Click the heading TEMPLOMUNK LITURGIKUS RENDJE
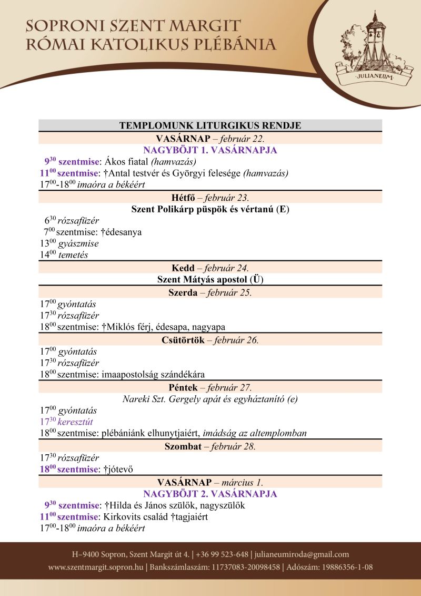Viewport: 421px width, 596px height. (210, 125)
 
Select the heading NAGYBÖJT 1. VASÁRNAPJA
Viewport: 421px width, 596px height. (210, 150)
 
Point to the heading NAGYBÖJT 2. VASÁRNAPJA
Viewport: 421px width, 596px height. (210, 494)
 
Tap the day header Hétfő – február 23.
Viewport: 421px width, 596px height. (210, 198)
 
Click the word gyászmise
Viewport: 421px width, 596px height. (78, 243)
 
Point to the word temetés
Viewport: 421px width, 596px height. (73, 255)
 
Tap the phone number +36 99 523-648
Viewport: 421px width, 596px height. (223, 554)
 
